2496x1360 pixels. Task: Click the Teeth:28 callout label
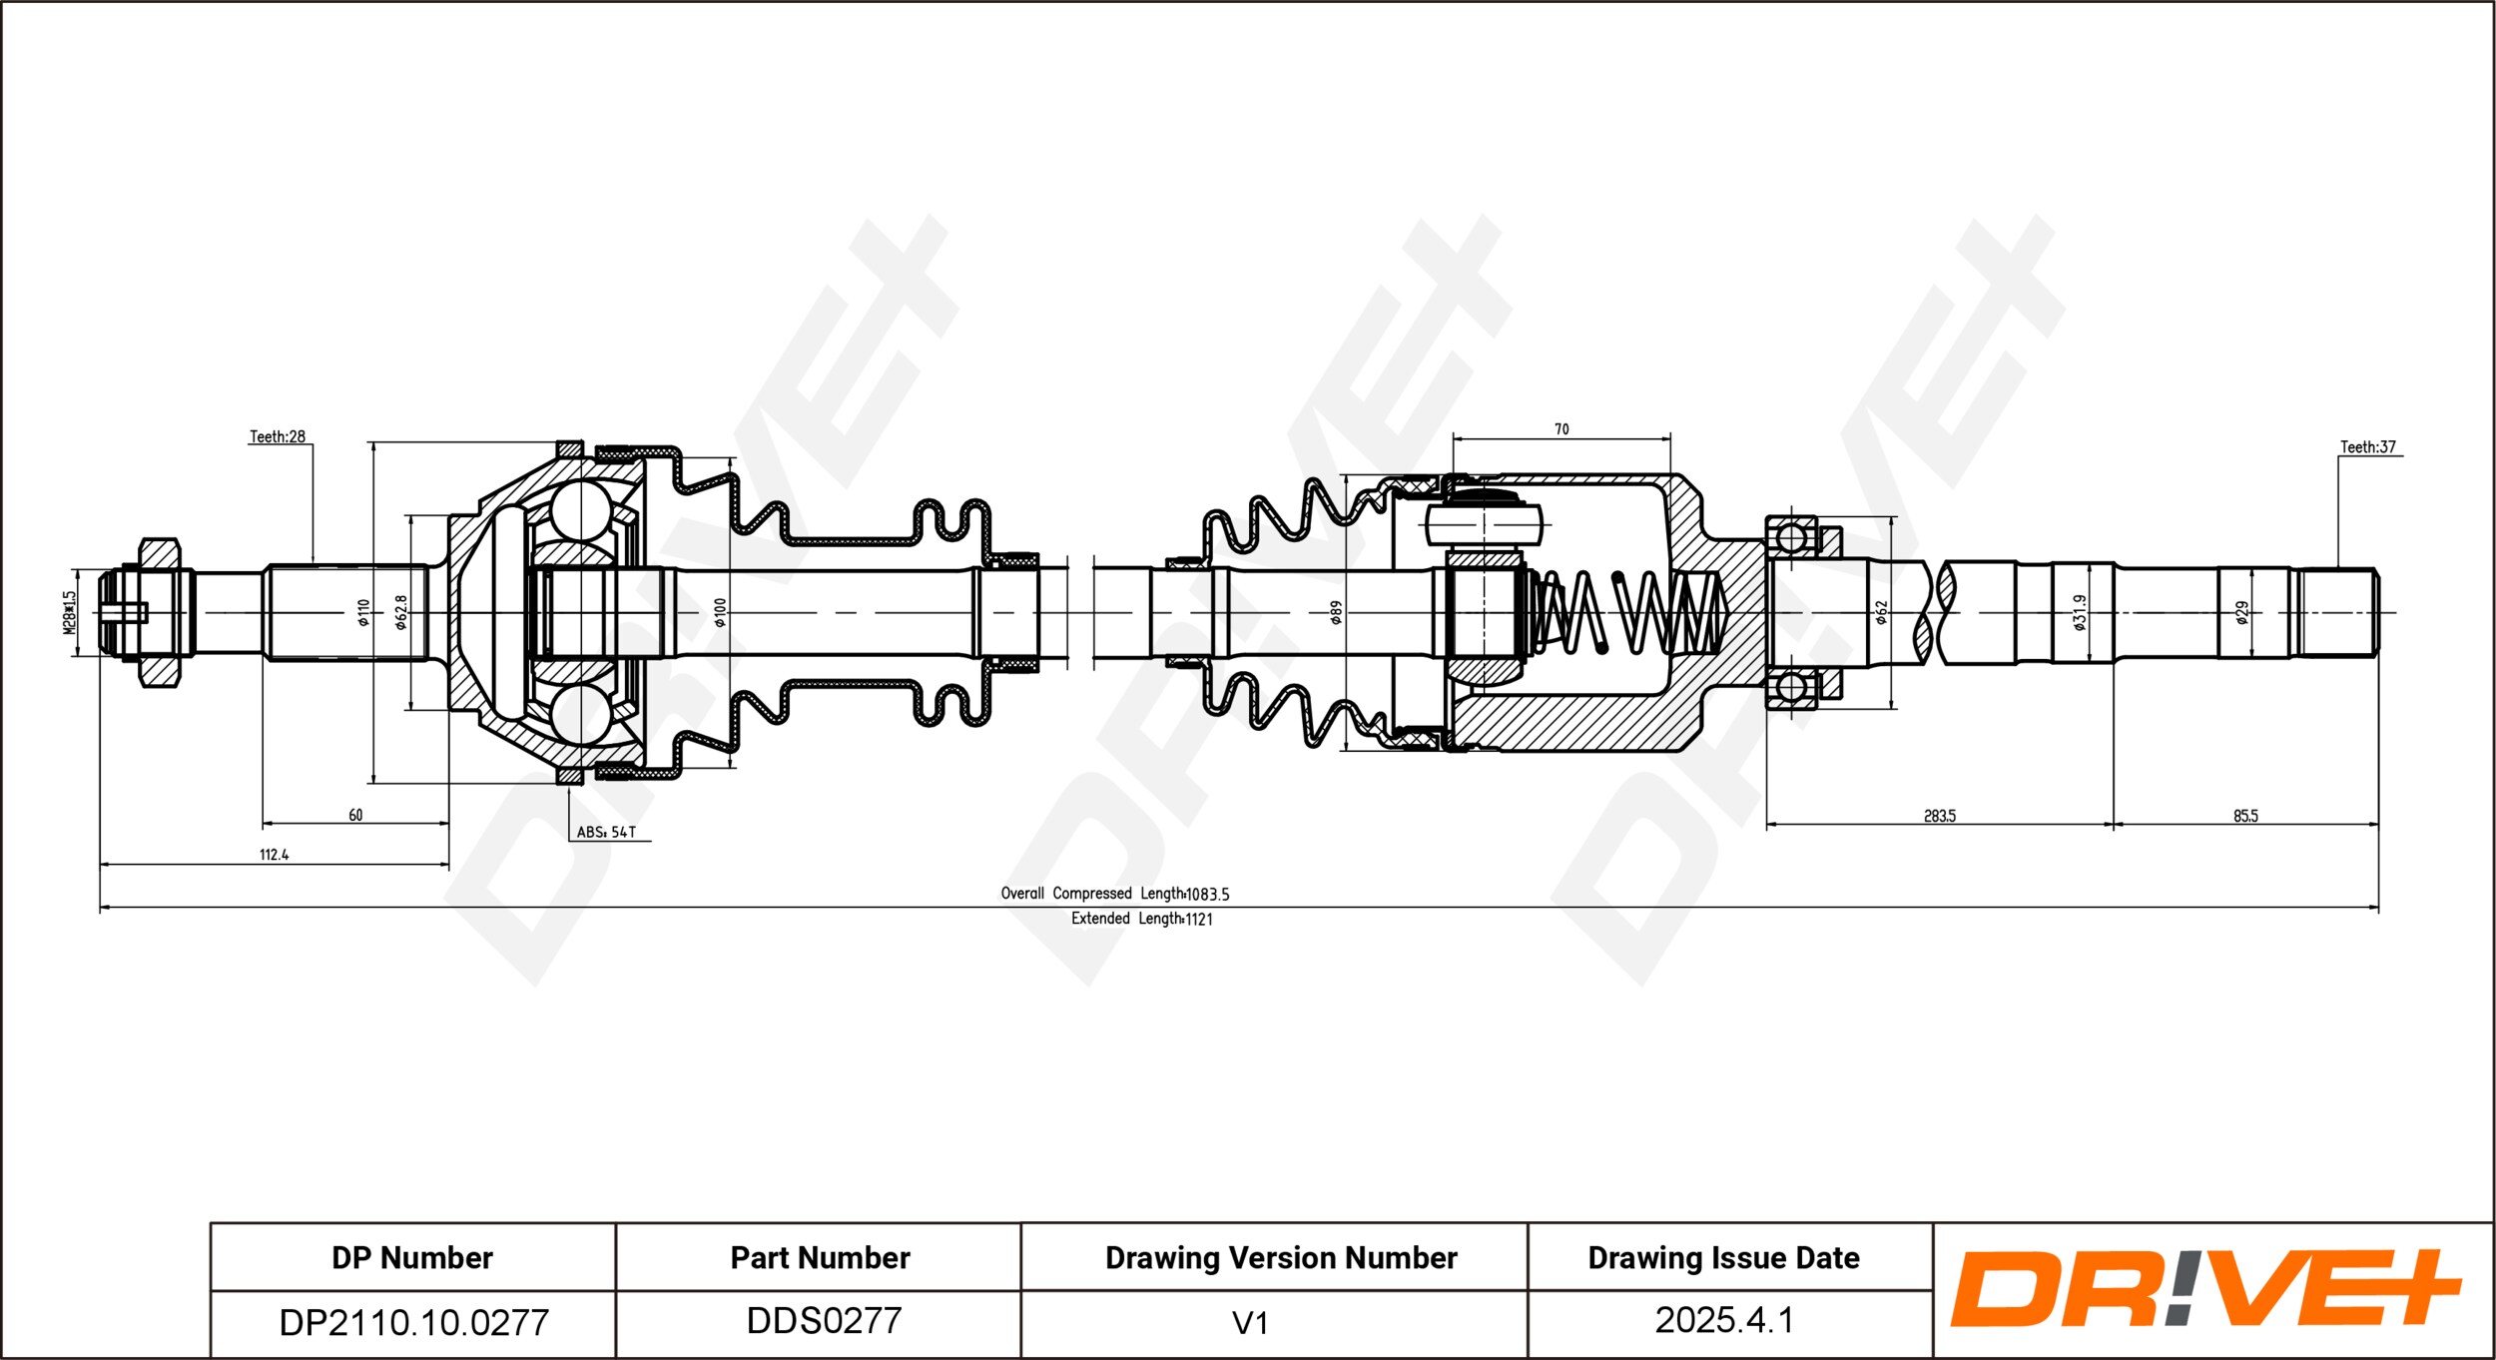(x=278, y=436)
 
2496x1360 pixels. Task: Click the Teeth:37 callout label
(x=2368, y=447)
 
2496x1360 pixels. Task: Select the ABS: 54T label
(x=606, y=832)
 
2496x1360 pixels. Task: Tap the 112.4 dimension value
(x=274, y=855)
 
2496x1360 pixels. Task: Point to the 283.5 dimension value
(x=1940, y=816)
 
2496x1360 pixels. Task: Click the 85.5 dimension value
(x=2245, y=816)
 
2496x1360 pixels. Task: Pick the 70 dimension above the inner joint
(x=1561, y=429)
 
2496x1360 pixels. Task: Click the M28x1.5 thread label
(x=69, y=612)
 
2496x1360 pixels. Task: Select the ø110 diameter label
(x=363, y=612)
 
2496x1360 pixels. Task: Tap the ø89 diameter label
(x=1336, y=612)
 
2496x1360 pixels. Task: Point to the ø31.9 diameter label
(x=2080, y=612)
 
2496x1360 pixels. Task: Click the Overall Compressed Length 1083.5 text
(x=1115, y=894)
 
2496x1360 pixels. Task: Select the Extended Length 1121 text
(x=1142, y=919)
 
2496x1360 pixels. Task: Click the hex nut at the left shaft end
(x=160, y=613)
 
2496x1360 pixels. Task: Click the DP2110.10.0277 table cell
(x=413, y=1323)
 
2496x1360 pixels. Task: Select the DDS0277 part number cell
(x=824, y=1321)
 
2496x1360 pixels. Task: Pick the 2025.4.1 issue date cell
(x=1724, y=1321)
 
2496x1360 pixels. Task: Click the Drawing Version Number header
(x=1281, y=1258)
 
